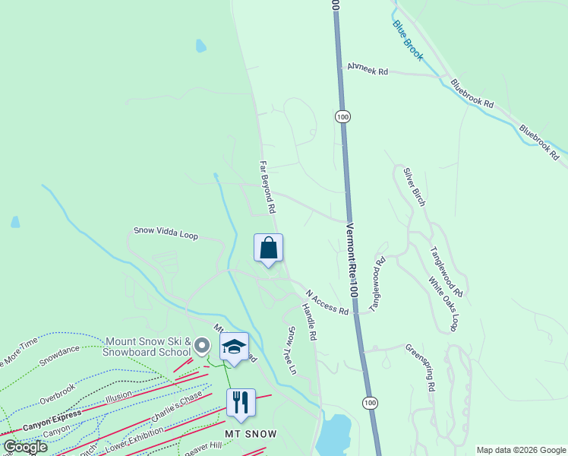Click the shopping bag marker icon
(x=268, y=248)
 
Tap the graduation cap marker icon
(x=235, y=347)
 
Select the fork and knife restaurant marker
(x=241, y=402)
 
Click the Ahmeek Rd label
(x=368, y=70)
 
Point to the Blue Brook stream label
(x=407, y=39)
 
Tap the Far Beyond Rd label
(x=267, y=186)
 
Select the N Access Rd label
(x=327, y=302)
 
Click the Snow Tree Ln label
(x=291, y=350)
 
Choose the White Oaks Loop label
(x=443, y=304)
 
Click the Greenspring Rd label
(x=420, y=366)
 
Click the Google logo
(x=24, y=447)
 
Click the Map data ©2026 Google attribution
(x=520, y=449)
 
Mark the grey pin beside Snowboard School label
(x=201, y=346)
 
